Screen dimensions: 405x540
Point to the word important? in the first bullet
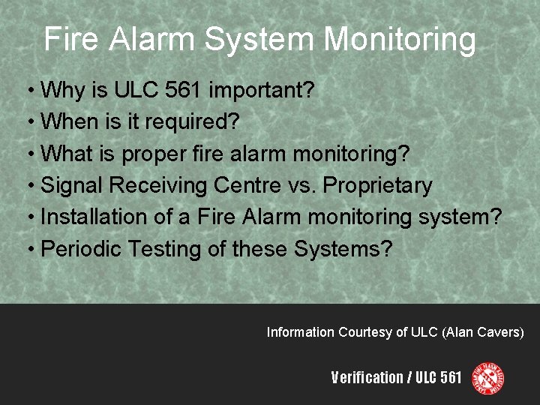click(x=261, y=91)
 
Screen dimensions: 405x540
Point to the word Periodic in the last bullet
click(x=82, y=249)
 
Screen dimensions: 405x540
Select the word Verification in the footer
click(x=367, y=377)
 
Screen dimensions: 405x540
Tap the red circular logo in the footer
click(x=487, y=378)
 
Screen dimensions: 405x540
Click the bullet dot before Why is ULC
click(x=29, y=91)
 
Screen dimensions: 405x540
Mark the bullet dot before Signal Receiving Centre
click(x=29, y=186)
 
